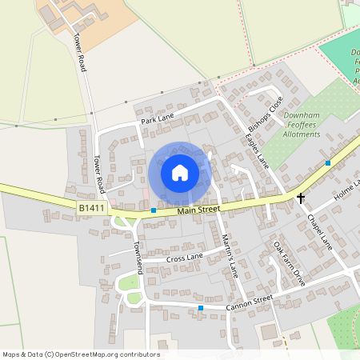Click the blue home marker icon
[x=180, y=173]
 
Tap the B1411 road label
[x=91, y=208]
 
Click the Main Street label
[x=198, y=210]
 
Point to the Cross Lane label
[x=185, y=258]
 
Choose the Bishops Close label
[x=266, y=115]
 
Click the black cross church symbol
[x=302, y=197]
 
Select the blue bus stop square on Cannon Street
[x=201, y=308]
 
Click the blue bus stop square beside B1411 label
[x=154, y=210]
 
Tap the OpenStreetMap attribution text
[x=81, y=354]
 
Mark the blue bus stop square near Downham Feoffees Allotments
[x=328, y=163]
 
